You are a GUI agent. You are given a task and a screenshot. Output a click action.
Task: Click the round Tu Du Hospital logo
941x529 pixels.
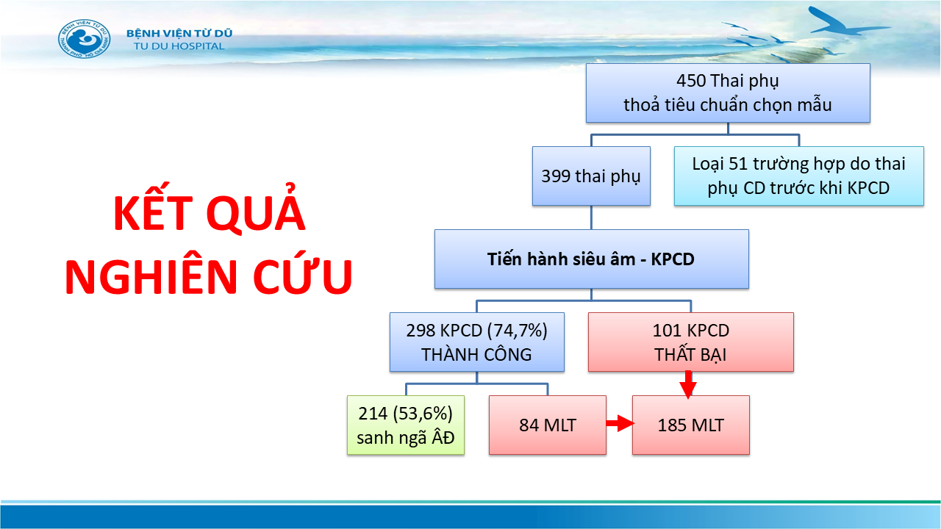84,39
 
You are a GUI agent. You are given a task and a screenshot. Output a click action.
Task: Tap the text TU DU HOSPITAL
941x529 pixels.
179,46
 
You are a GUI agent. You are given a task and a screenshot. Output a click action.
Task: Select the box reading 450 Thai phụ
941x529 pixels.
728,93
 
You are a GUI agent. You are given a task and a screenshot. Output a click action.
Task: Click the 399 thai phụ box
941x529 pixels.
591,176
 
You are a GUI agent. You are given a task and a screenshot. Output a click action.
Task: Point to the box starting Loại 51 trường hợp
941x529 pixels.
798,176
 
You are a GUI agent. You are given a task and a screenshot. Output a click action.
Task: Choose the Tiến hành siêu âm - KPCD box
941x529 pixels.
592,259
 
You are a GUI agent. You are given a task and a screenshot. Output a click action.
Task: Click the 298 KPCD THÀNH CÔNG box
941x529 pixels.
477,342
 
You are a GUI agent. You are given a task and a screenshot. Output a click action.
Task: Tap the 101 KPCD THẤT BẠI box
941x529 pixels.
690,342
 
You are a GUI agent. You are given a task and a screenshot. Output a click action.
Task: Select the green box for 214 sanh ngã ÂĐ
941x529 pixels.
405,425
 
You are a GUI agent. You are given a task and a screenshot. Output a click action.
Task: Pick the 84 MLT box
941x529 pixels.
548,425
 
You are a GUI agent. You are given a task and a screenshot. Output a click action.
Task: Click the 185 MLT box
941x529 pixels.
690,425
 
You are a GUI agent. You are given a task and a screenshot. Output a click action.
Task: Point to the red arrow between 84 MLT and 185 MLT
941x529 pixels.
620,423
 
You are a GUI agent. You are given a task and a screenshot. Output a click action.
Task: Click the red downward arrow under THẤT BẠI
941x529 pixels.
688,384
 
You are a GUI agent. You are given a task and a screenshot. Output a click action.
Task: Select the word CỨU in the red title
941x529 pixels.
302,275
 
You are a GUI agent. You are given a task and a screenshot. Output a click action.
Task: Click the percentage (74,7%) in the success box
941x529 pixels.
517,331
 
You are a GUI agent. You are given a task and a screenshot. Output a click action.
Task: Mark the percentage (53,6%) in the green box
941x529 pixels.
423,414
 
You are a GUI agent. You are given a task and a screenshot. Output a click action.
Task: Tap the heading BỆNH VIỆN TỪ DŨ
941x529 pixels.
179,33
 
